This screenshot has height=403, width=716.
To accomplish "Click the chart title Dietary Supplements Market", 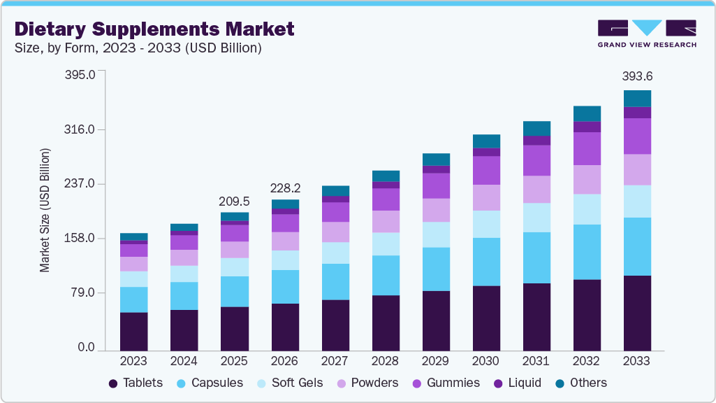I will (154, 29).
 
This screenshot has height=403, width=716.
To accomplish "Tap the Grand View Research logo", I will (646, 33).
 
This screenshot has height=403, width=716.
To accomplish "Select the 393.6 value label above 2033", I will (637, 76).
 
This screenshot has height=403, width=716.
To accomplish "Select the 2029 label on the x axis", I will (435, 361).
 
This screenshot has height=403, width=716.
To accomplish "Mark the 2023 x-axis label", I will (133, 361).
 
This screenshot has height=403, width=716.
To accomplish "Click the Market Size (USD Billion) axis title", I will (45, 210).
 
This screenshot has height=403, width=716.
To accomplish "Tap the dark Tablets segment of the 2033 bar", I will (637, 313).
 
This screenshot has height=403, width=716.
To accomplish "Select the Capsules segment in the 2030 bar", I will (486, 262).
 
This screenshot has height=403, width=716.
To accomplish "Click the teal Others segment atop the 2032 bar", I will (587, 113).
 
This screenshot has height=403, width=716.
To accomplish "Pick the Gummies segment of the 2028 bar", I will (386, 199).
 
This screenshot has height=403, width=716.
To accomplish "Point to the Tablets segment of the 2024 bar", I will (184, 330).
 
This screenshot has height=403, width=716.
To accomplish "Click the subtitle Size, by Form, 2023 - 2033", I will (138, 48).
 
